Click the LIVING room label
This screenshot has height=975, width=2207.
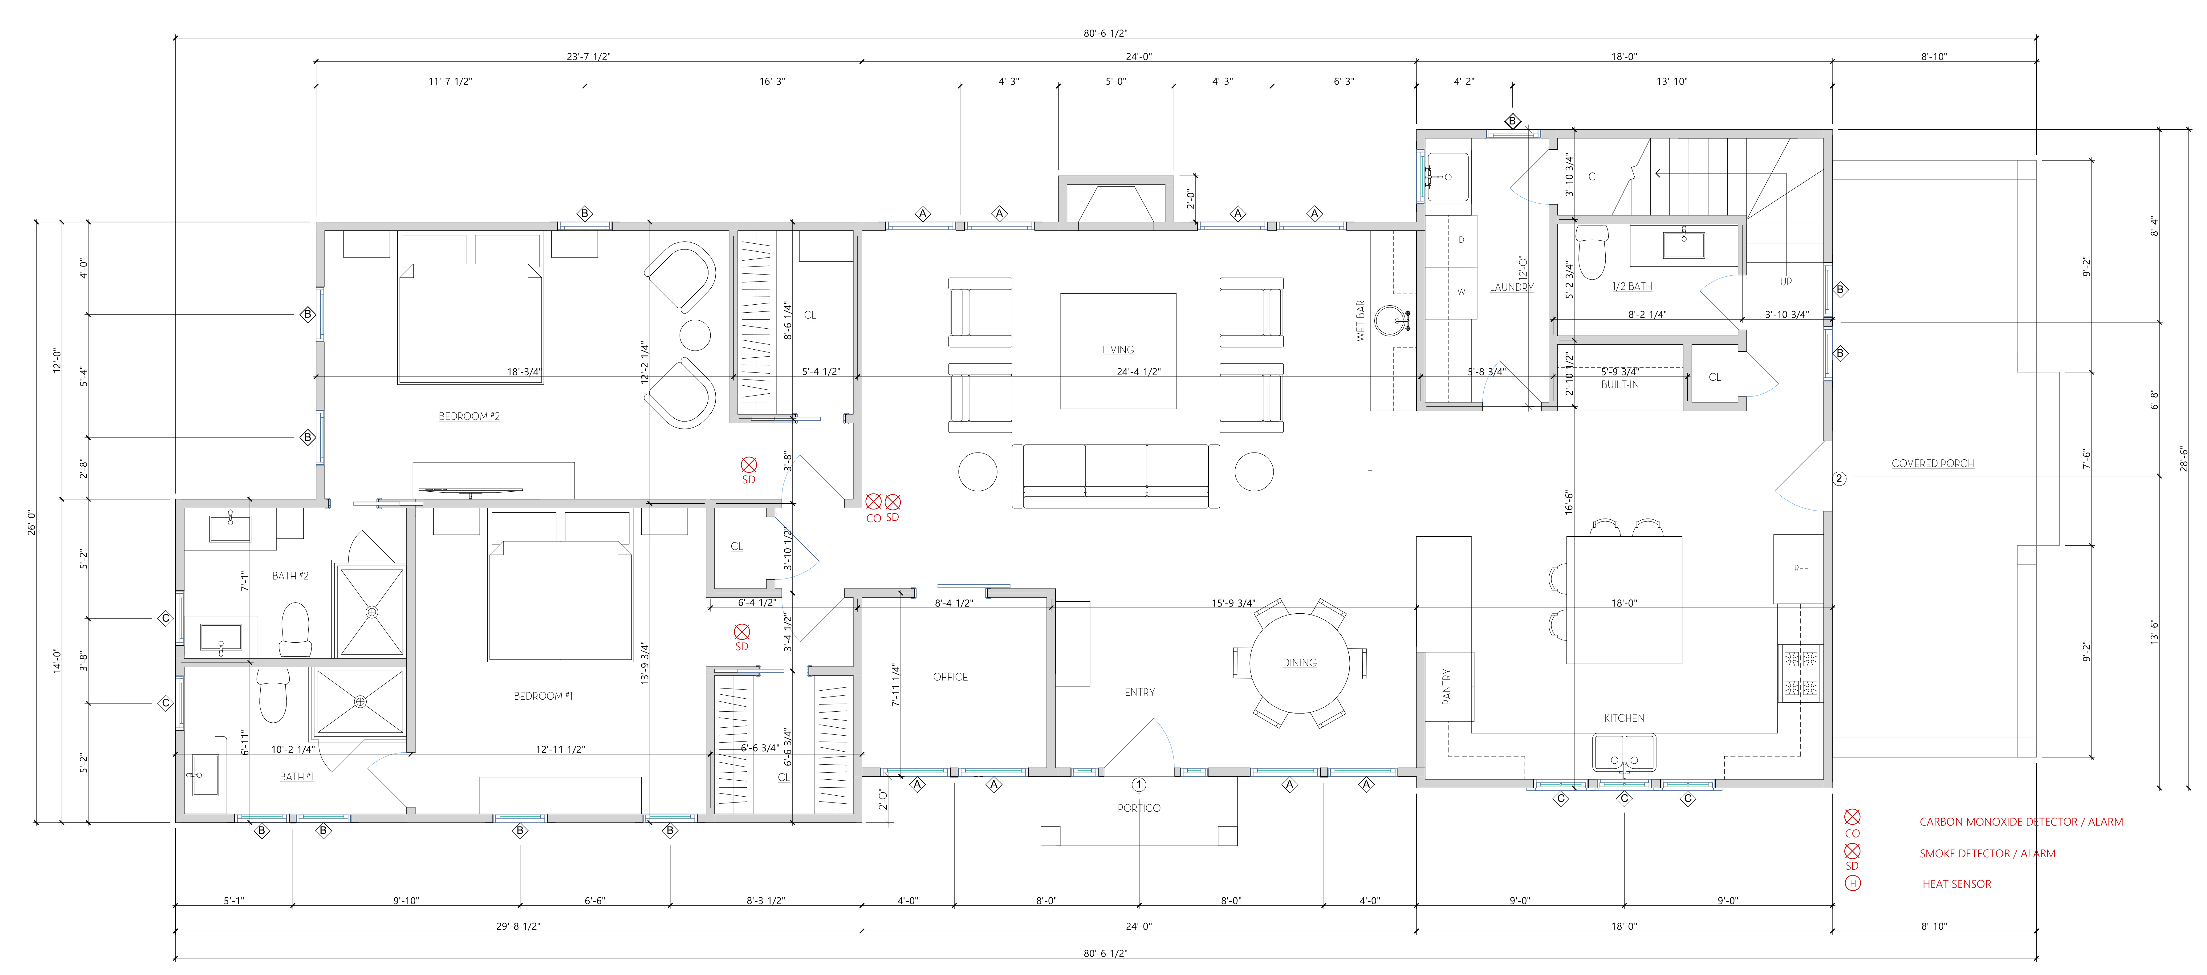click(1118, 350)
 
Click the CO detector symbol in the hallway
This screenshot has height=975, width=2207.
click(873, 502)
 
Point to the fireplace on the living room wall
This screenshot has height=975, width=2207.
click(1116, 203)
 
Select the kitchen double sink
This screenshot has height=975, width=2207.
click(1624, 753)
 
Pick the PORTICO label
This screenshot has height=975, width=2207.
click(1139, 808)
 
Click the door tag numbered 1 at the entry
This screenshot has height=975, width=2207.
click(1139, 784)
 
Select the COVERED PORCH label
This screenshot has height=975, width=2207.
click(1933, 464)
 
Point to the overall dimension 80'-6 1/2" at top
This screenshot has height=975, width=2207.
click(1105, 33)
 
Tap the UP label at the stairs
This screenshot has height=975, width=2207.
click(1786, 281)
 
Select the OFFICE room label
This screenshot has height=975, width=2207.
click(950, 677)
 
